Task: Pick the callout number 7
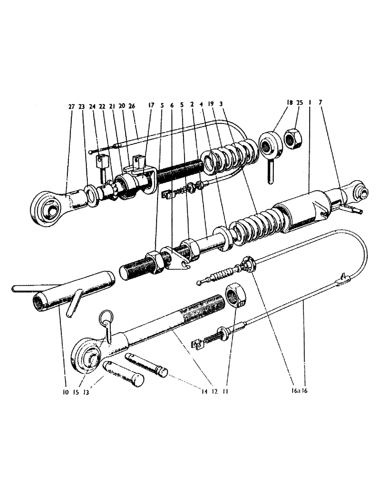click(320, 102)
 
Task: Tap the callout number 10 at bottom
click(65, 392)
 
